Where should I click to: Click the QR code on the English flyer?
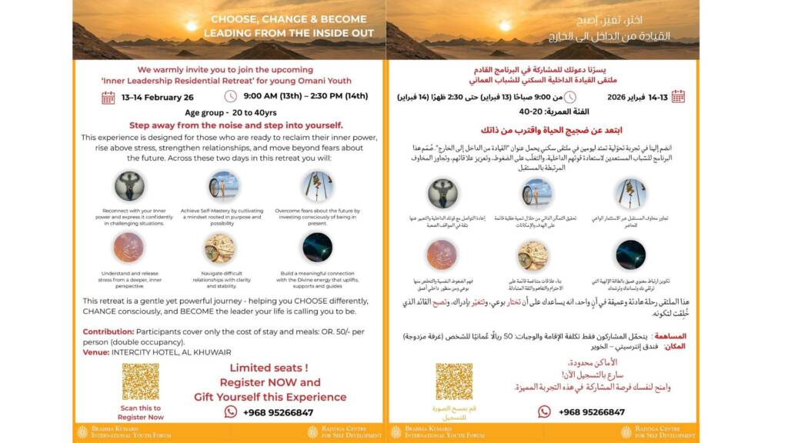(x=140, y=381)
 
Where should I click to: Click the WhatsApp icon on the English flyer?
(x=230, y=412)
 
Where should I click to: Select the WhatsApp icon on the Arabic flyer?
(x=544, y=412)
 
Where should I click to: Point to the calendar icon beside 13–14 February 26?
(x=109, y=97)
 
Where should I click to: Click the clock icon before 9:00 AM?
(x=230, y=97)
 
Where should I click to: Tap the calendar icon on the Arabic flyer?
(x=678, y=97)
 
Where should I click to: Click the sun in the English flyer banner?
(x=191, y=25)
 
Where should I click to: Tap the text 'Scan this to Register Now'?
(x=141, y=412)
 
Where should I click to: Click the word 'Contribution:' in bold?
(x=109, y=331)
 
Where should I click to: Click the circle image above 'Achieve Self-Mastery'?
(x=223, y=185)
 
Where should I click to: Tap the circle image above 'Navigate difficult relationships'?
(x=219, y=248)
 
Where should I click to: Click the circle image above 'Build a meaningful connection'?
(x=317, y=248)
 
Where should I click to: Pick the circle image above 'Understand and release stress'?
(x=129, y=248)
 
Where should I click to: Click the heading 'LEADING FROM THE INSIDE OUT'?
(x=289, y=34)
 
